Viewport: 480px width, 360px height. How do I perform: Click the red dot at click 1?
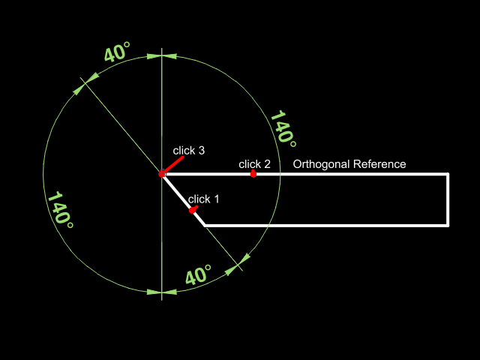click(193, 211)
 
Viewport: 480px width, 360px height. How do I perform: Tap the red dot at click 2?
click(253, 174)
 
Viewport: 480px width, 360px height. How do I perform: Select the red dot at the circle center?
click(162, 174)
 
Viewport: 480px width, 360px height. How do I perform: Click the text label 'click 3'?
click(189, 151)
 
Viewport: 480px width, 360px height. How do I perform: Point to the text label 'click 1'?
click(204, 199)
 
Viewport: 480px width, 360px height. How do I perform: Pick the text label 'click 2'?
click(254, 164)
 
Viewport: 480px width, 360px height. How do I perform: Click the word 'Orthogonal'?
click(321, 164)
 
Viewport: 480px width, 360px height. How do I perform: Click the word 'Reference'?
click(379, 164)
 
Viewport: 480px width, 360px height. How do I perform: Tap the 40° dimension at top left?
click(117, 54)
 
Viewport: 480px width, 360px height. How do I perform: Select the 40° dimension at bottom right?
click(198, 275)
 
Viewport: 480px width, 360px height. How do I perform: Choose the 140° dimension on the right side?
click(282, 127)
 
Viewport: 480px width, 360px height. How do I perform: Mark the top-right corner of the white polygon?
click(448, 174)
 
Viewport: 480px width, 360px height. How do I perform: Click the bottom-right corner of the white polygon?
click(448, 225)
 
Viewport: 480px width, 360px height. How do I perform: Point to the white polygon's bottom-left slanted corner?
click(205, 225)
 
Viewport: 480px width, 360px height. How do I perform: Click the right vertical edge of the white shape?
click(448, 199)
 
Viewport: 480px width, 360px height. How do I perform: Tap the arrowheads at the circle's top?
click(162, 55)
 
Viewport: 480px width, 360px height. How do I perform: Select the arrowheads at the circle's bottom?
click(162, 292)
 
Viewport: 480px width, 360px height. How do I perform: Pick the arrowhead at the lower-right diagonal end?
click(243, 260)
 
